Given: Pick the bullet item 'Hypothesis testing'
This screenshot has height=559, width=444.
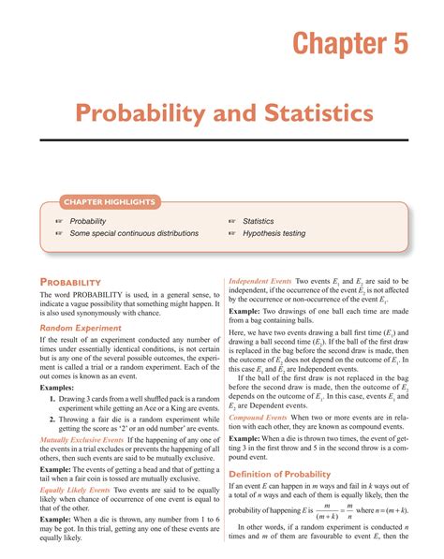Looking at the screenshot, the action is (x=280, y=233).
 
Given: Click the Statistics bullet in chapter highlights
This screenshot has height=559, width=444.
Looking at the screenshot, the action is (x=259, y=221).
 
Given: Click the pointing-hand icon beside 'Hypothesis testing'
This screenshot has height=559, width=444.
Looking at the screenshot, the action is (x=232, y=233).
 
